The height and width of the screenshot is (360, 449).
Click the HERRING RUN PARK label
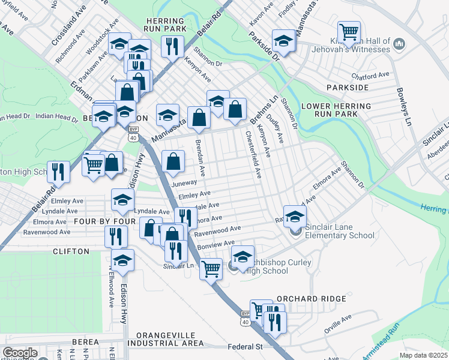[166, 24]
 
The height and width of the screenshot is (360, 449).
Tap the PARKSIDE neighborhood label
[348, 88]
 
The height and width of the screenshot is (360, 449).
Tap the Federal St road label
[246, 347]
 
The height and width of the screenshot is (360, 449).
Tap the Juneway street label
[184, 183]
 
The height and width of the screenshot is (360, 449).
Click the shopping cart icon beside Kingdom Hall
[348, 31]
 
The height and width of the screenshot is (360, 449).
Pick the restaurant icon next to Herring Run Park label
[172, 46]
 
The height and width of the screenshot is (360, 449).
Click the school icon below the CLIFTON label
[122, 260]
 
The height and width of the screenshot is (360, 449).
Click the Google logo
[20, 353]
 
